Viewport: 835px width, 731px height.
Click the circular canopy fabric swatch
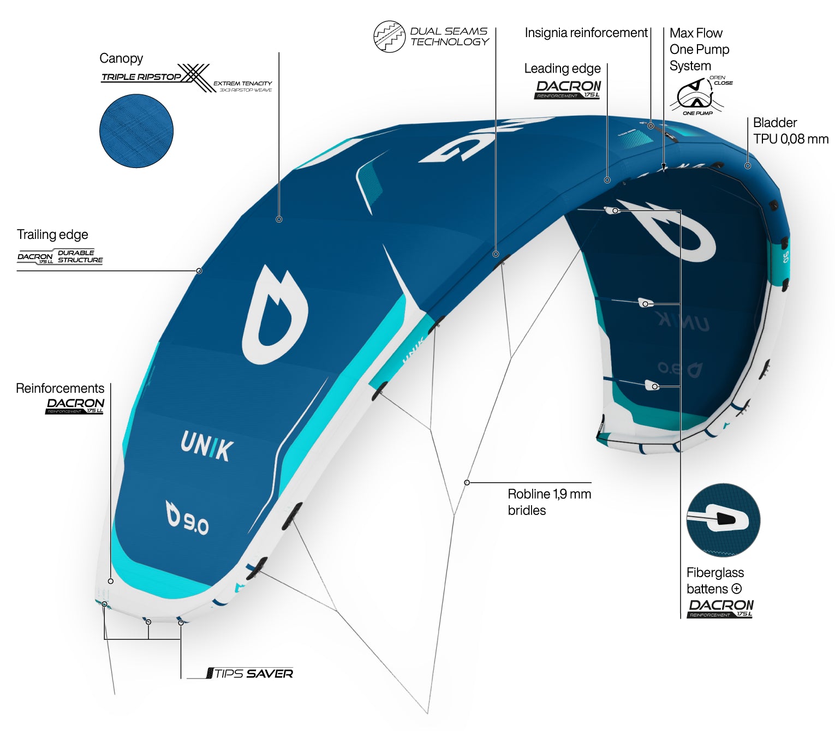click(136, 131)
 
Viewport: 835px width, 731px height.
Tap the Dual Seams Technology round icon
click(389, 37)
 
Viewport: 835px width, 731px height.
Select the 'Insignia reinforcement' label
click(586, 33)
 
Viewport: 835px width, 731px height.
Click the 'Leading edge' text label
click(562, 69)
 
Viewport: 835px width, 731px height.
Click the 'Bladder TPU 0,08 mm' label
click(790, 131)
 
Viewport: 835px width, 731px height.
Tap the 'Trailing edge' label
click(52, 235)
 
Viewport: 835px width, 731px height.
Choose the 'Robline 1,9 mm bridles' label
click(548, 502)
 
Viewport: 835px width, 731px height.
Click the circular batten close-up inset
click(723, 520)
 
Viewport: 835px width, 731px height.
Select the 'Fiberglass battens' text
click(715, 580)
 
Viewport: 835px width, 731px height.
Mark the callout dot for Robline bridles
click(467, 483)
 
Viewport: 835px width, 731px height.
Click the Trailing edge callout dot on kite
click(199, 271)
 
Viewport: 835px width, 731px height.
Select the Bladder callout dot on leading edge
click(748, 166)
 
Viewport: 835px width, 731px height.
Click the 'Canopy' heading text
click(121, 58)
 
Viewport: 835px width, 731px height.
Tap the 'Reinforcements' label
click(60, 388)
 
